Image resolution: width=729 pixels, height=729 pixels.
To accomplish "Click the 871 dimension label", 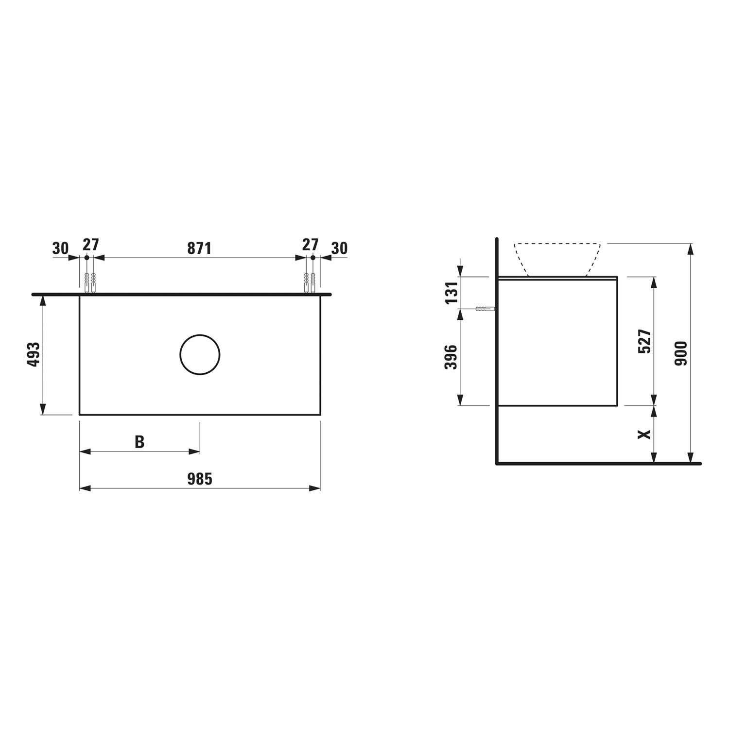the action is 199,248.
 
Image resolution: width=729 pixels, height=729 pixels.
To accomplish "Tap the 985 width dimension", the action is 200,479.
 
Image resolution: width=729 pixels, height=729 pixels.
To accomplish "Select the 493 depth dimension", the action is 34,355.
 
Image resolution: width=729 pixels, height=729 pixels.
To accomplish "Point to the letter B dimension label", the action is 139,442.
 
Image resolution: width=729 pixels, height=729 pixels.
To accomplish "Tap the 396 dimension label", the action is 451,357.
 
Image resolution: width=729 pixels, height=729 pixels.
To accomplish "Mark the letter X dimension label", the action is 644,434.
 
